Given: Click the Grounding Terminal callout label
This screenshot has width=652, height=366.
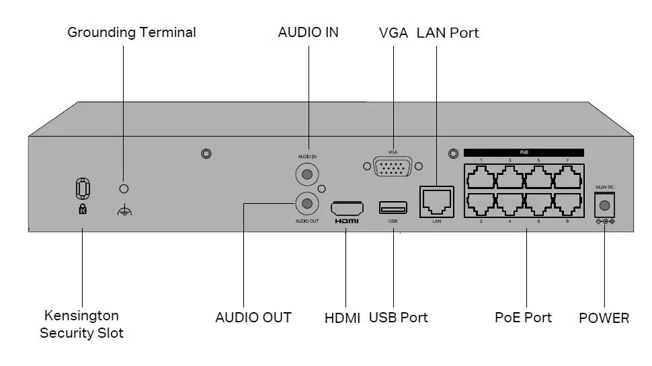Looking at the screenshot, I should point(132,32).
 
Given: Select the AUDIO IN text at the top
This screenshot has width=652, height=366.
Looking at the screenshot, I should point(308,32).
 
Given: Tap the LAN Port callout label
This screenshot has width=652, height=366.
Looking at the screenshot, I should point(448,32).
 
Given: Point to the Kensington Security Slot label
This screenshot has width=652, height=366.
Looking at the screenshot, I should point(81,324).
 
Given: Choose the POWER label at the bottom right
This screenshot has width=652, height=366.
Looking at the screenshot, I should point(604,318).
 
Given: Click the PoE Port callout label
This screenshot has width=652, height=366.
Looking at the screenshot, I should point(523,318).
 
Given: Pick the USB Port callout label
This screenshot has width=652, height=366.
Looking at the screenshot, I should point(398,318).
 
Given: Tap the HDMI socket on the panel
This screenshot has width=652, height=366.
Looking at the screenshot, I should point(347,206).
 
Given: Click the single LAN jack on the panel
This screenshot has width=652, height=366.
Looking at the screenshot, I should point(436,199).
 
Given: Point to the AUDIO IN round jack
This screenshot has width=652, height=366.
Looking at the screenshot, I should point(308,174).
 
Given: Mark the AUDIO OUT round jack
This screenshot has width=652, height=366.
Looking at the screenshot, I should point(308,202).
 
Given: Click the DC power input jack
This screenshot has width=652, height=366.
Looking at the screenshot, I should point(606,205).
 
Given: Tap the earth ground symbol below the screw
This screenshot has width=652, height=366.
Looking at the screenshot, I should point(123,211).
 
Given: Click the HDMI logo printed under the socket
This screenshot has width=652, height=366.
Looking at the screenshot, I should point(347,221).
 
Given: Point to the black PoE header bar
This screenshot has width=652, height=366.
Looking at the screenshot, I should point(524,153).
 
